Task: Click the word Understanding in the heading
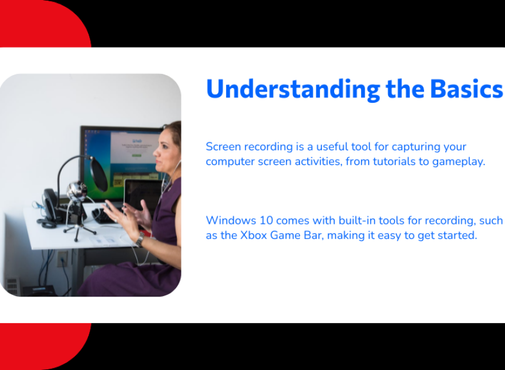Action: point(293,89)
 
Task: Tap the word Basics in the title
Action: point(467,89)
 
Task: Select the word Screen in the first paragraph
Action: point(223,146)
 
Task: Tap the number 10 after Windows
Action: point(267,220)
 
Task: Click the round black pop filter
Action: point(99,174)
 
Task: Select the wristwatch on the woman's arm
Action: point(140,239)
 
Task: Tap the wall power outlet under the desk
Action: point(62,259)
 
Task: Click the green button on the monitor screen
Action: point(137,156)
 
